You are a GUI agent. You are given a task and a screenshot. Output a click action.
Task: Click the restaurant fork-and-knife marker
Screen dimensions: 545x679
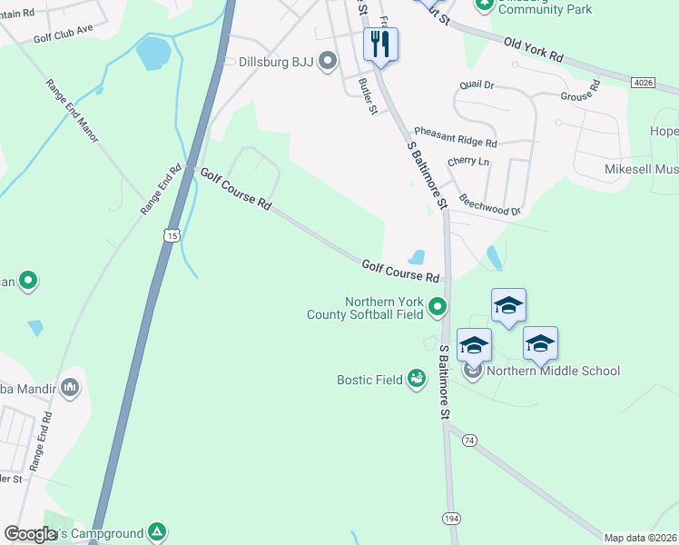pyautogui.click(x=380, y=44)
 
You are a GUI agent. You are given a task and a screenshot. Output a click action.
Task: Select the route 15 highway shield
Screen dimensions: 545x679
pyautogui.click(x=172, y=235)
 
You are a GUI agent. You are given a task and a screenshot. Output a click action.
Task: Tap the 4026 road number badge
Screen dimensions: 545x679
pyautogui.click(x=642, y=83)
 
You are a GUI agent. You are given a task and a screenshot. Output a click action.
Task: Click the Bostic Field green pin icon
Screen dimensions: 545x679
pyautogui.click(x=417, y=378)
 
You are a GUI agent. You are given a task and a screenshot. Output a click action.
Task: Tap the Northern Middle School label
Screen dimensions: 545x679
pyautogui.click(x=553, y=371)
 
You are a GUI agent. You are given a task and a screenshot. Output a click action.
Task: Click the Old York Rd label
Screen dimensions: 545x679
pyautogui.click(x=533, y=49)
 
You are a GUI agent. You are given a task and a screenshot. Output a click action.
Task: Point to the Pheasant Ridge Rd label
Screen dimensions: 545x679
pyautogui.click(x=455, y=137)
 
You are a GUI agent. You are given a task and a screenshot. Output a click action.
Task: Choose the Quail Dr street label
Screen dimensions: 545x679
pyautogui.click(x=477, y=84)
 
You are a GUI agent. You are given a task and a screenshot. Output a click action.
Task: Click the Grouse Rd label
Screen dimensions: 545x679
pyautogui.click(x=581, y=91)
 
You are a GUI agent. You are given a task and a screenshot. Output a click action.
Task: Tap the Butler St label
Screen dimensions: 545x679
pyautogui.click(x=368, y=96)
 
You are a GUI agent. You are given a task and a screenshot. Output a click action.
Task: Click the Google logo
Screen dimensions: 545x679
pyautogui.click(x=29, y=535)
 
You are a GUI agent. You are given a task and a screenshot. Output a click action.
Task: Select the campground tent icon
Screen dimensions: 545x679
pyautogui.click(x=157, y=531)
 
